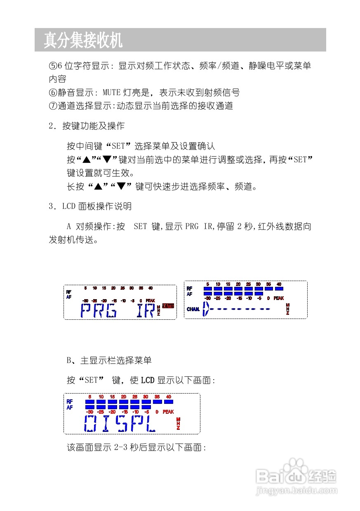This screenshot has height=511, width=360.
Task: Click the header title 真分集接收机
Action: coord(83,40)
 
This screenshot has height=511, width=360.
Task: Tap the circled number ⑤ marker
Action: coord(52,66)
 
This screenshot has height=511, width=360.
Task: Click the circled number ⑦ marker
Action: coord(52,106)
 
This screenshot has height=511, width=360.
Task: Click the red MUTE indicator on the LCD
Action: coord(168,306)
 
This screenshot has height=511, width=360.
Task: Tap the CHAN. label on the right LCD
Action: coord(193,309)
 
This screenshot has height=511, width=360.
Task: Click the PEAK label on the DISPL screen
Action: coord(168,412)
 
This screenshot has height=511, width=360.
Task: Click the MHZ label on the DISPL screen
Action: coord(178,424)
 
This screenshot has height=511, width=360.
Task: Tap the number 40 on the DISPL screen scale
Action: coord(168,396)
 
